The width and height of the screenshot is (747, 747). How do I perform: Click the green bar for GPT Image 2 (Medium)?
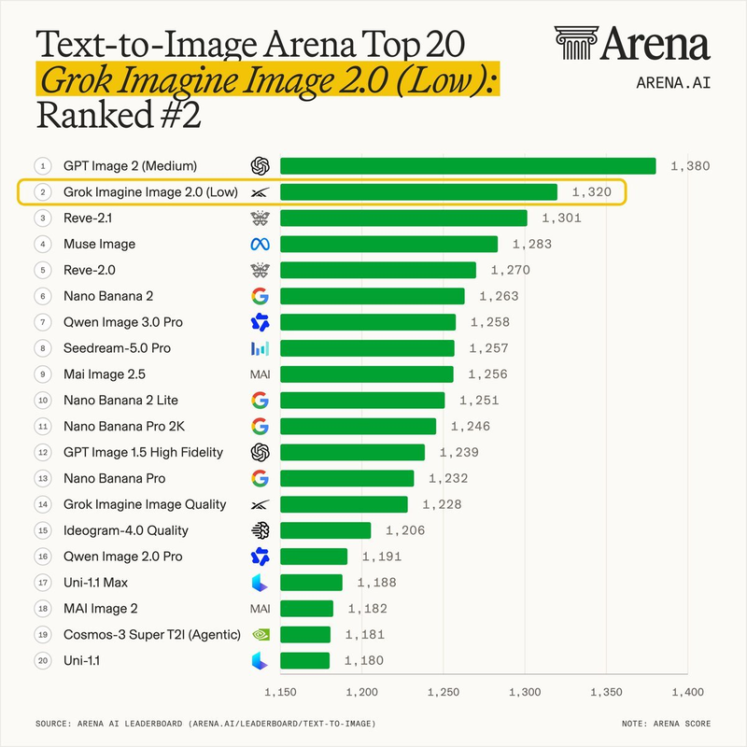[468, 166]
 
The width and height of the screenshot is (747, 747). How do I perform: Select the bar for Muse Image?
[388, 244]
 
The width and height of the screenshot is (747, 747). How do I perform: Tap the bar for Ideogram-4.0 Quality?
[325, 530]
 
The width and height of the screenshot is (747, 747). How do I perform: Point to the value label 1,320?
[591, 192]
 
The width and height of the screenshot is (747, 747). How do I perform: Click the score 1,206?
[405, 530]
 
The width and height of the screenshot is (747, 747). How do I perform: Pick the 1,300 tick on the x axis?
[525, 692]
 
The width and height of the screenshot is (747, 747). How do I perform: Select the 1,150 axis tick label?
[280, 692]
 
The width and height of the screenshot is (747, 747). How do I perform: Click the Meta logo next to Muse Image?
[261, 245]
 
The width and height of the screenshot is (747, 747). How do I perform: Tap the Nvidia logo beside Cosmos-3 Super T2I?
[261, 635]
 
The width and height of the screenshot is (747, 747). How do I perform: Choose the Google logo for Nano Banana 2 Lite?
[261, 401]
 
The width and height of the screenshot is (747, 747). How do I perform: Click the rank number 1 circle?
[43, 166]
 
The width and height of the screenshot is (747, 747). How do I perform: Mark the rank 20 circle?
[43, 660]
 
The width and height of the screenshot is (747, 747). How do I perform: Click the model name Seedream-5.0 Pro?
[117, 348]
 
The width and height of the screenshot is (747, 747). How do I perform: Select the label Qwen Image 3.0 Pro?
[123, 322]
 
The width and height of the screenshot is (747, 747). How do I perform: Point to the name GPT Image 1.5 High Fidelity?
[143, 452]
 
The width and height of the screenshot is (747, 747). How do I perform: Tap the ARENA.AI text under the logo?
[673, 83]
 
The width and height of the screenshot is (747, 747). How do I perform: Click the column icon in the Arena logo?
[576, 43]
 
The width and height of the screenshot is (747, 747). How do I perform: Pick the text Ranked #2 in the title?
[119, 115]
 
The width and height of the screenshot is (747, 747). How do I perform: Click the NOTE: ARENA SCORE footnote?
[666, 724]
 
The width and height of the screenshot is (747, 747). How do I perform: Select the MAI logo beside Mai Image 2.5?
[261, 374]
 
